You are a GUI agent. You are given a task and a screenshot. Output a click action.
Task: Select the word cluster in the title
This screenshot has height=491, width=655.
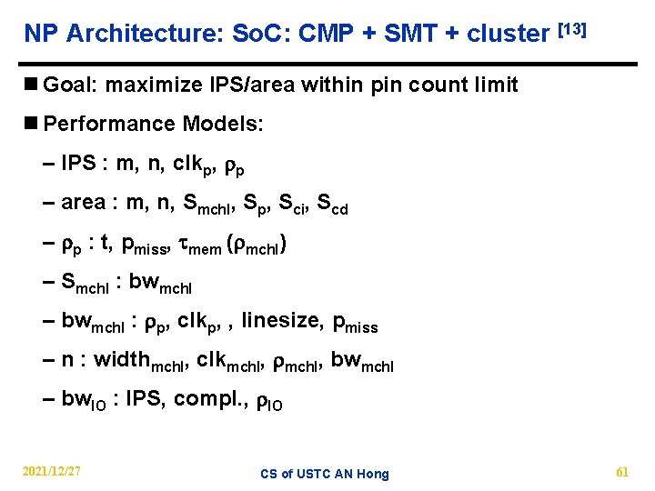pyautogui.click(x=506, y=35)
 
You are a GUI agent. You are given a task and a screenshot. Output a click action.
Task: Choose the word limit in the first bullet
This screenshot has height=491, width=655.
pyautogui.click(x=492, y=85)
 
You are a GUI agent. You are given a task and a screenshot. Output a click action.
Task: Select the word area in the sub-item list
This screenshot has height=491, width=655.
pyautogui.click(x=83, y=203)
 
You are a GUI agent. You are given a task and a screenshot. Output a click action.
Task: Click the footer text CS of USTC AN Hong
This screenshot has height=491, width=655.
pyautogui.click(x=324, y=474)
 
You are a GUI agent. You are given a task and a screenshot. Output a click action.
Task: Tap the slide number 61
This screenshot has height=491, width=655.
pyautogui.click(x=622, y=472)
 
